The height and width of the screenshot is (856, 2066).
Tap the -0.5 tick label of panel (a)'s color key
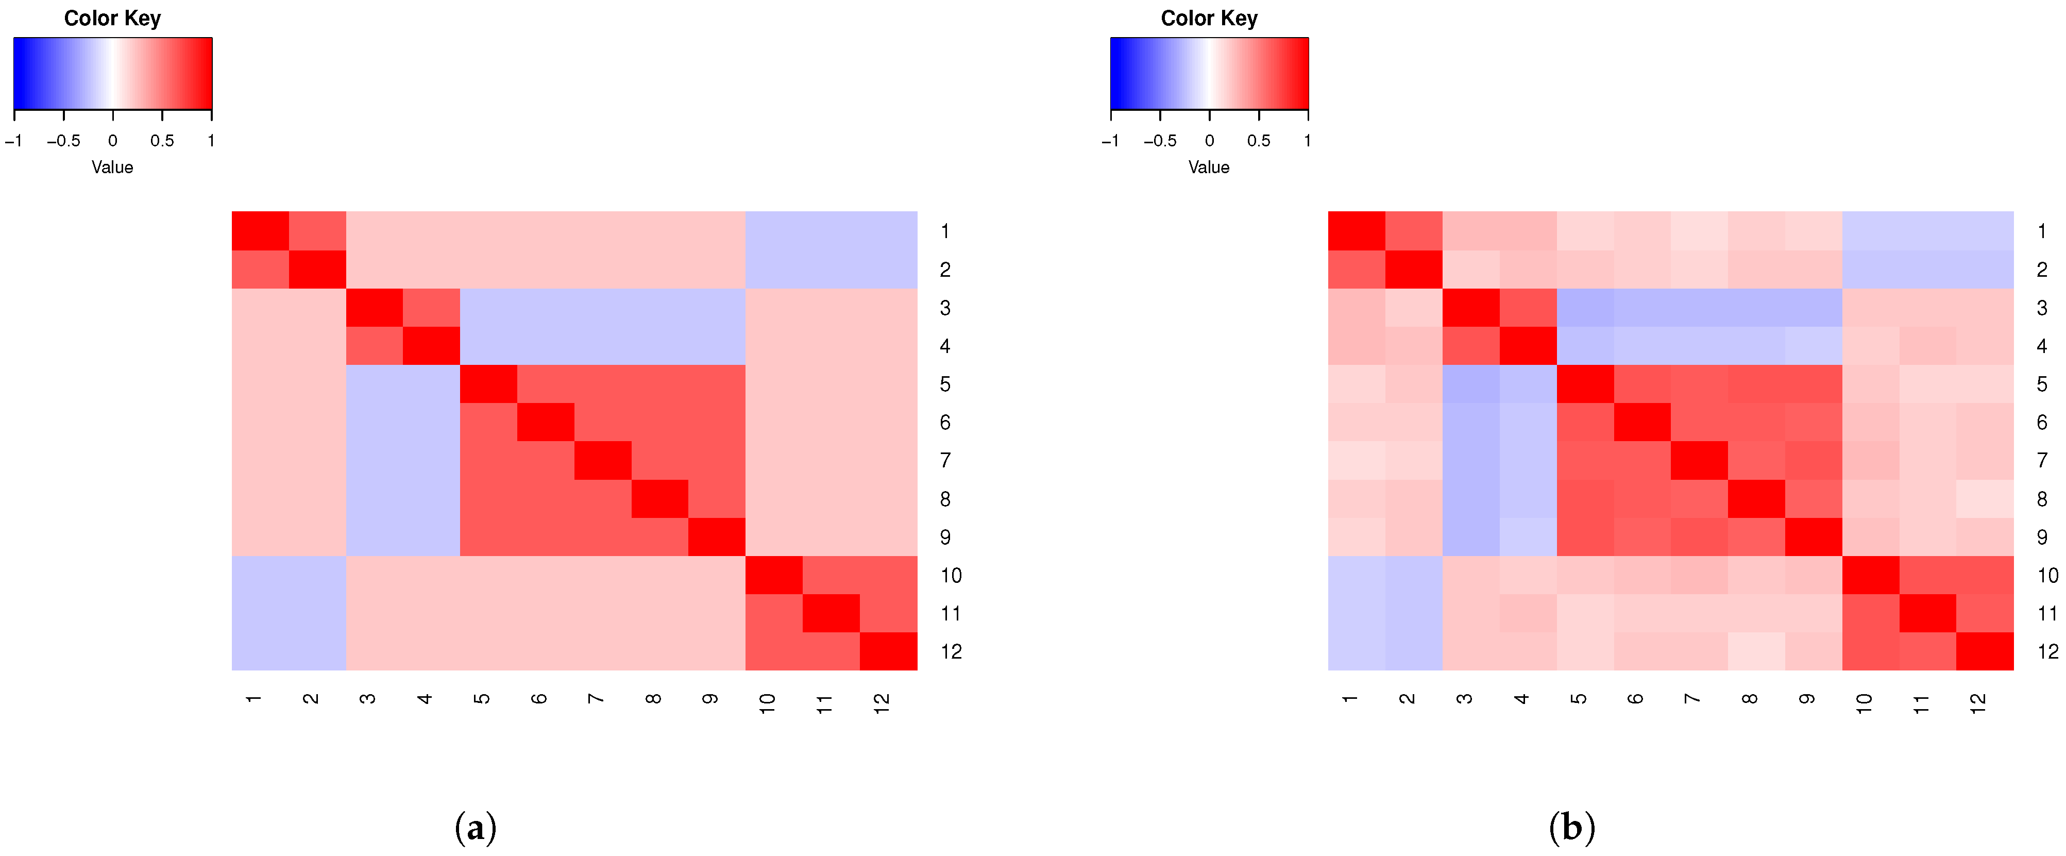pos(63,141)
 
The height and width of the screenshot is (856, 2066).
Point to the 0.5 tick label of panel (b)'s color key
pos(1258,141)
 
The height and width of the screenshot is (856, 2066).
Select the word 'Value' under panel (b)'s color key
pos(1209,167)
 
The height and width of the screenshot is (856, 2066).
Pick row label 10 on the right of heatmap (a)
pos(951,575)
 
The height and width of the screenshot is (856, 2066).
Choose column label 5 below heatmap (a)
pos(482,699)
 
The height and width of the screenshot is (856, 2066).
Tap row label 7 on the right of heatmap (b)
pos(2042,461)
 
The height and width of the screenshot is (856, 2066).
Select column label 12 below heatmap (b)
pos(1978,703)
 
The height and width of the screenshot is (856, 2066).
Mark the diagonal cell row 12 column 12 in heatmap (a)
pos(889,651)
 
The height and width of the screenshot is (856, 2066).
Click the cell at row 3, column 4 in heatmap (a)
pos(431,307)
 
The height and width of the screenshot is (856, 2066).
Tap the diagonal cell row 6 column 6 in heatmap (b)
pos(1642,422)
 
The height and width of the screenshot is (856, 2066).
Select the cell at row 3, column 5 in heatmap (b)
pos(1585,307)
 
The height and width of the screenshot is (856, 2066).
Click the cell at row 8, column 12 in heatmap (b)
pos(1985,499)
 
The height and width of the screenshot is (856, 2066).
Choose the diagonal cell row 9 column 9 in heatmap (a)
pos(717,536)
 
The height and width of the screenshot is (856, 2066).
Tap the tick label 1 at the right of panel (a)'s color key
pos(211,141)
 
